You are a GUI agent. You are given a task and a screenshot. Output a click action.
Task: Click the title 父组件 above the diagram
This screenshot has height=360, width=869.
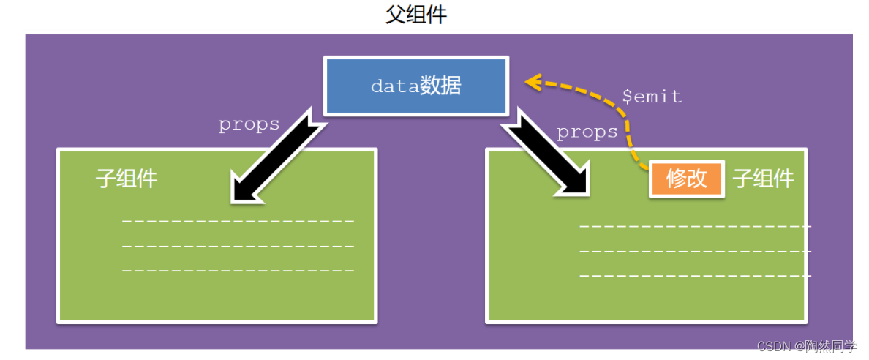pos(415,15)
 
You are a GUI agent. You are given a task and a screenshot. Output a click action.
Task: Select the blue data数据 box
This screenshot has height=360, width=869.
pos(415,86)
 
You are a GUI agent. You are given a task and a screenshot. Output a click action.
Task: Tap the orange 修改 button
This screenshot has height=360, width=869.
pos(687,179)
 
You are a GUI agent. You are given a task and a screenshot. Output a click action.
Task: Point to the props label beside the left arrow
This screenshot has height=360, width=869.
pos(249,124)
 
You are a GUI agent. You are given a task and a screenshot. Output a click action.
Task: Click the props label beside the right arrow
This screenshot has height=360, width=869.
pos(587,132)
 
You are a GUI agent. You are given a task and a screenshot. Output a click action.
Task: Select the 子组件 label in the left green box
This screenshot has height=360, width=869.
pos(127,179)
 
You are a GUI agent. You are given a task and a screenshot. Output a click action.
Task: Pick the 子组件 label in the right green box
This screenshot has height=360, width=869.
pos(764,179)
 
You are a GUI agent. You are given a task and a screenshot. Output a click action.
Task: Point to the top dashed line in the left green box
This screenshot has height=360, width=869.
pos(238,221)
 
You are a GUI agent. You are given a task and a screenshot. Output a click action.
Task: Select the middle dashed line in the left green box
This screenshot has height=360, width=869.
pos(238,246)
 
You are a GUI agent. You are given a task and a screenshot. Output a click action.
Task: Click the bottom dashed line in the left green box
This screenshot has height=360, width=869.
pos(238,271)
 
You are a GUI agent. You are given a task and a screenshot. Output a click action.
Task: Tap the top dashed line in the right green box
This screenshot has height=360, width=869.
pos(695,226)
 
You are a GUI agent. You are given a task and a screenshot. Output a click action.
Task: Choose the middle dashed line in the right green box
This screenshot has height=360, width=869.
pos(695,251)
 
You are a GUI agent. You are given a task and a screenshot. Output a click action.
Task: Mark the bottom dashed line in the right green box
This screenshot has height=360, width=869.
pos(695,276)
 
